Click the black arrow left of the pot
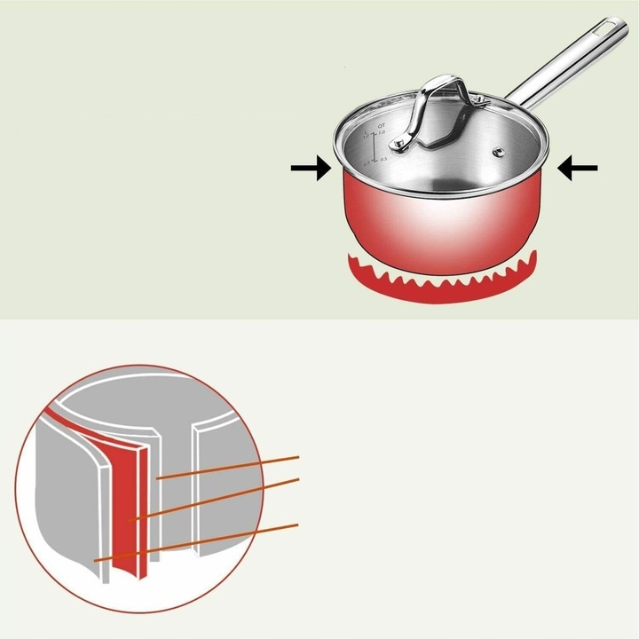point(311,170)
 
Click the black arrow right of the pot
point(577,168)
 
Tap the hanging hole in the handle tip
point(611,28)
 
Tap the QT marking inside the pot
point(381,127)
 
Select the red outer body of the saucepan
point(444,222)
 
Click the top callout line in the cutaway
point(231,467)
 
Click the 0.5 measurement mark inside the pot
point(384,160)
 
